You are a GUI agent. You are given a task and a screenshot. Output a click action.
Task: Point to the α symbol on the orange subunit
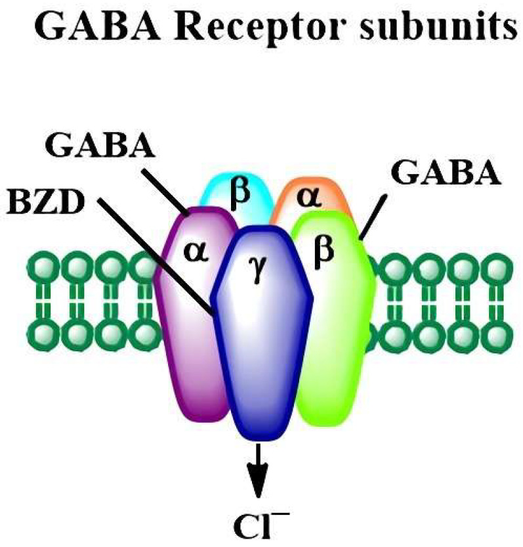pyautogui.click(x=308, y=197)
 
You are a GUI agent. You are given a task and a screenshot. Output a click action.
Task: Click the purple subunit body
pyautogui.click(x=190, y=341)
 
